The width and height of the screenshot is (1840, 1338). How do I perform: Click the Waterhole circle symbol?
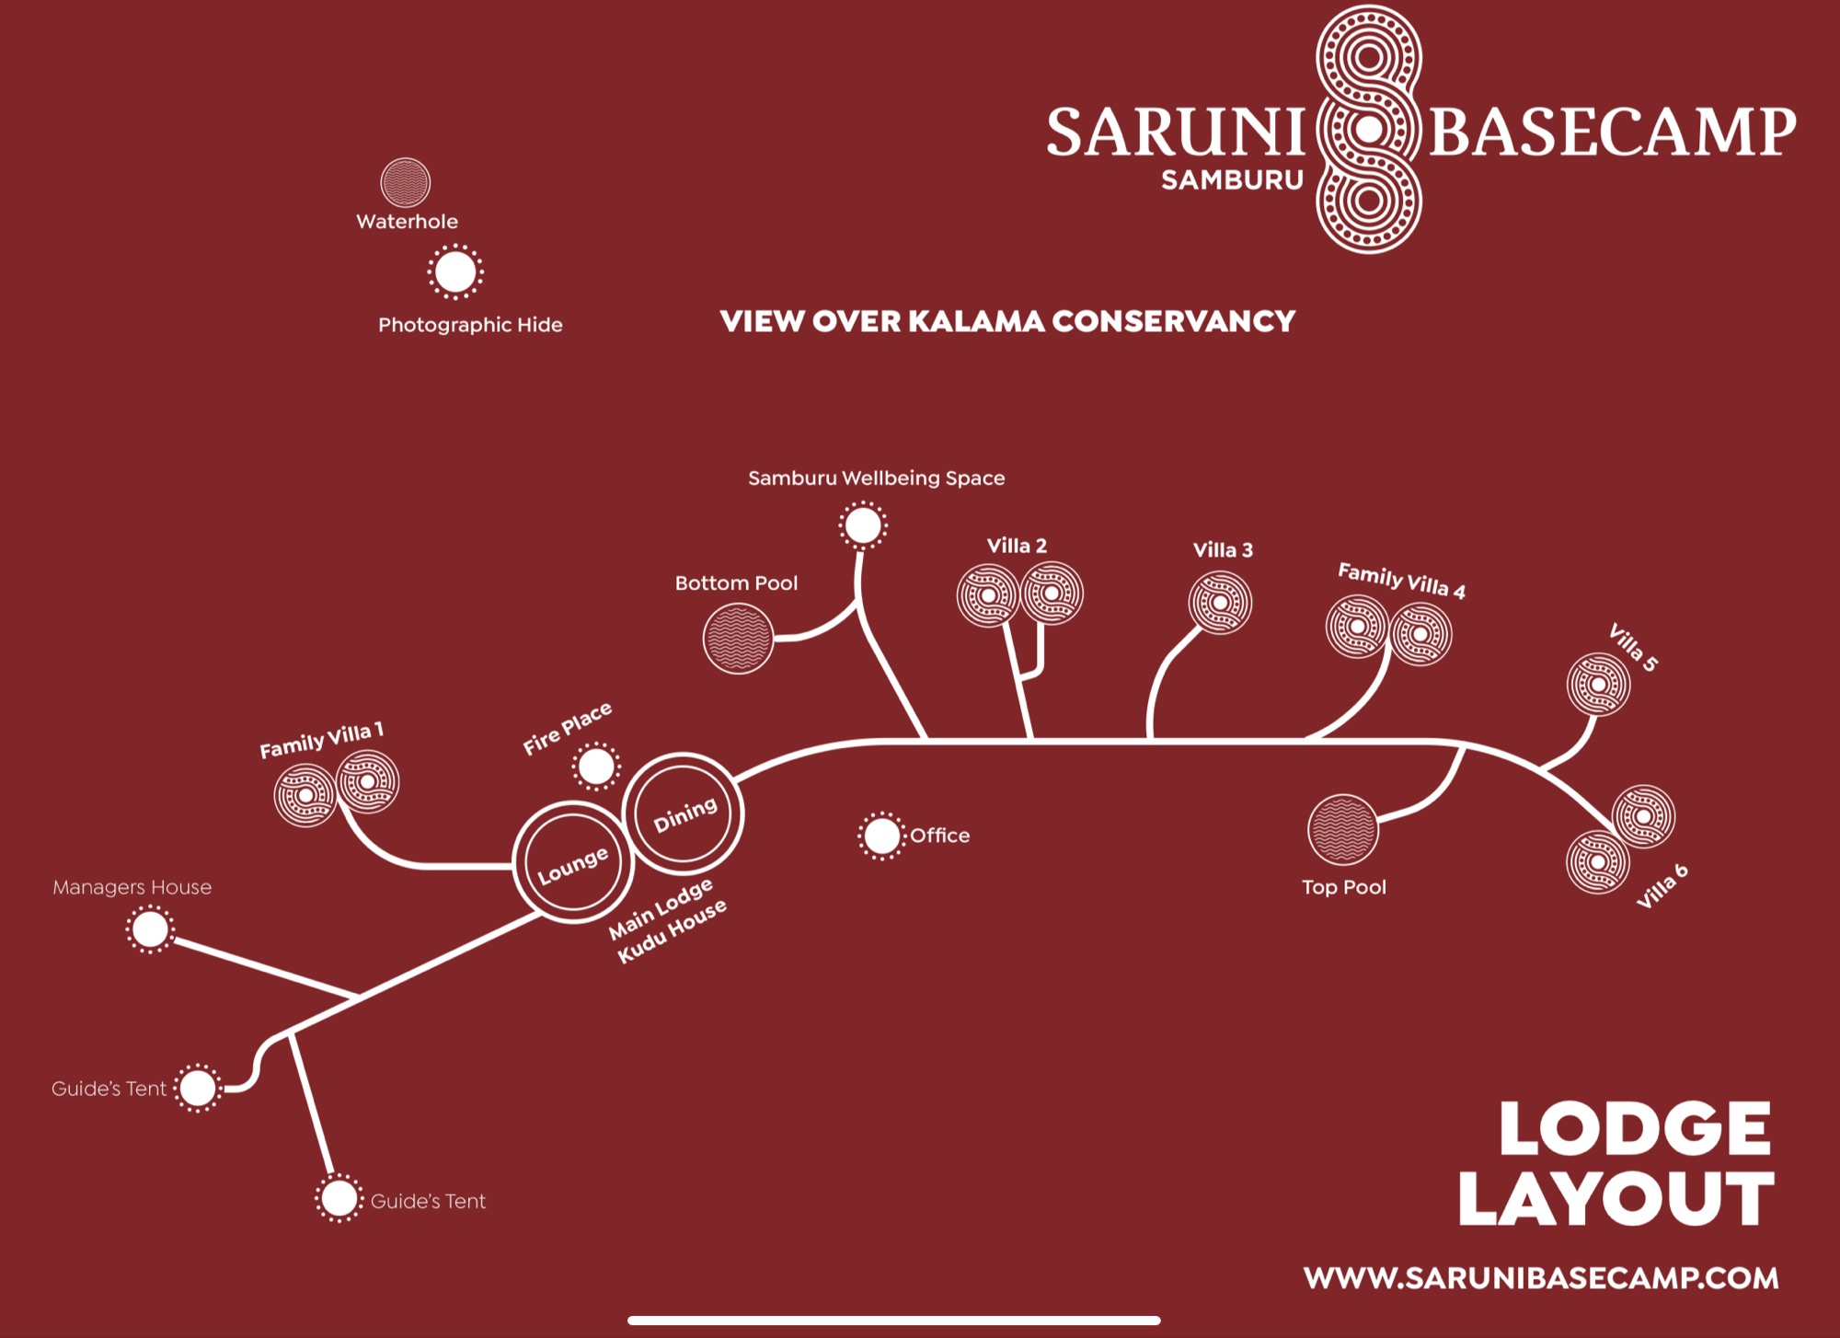click(405, 182)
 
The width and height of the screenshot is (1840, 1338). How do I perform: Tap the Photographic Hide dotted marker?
click(455, 272)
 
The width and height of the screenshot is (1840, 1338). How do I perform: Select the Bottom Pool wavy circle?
click(738, 639)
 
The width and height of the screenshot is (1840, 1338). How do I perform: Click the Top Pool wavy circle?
click(1343, 829)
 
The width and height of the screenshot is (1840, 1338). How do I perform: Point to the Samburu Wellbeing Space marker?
click(863, 525)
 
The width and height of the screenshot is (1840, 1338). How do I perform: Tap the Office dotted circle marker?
click(881, 836)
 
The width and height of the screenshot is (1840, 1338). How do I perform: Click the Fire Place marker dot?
click(596, 766)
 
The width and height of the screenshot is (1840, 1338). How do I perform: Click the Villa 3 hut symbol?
click(1220, 603)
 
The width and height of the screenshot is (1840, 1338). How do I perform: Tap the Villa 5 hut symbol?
click(1599, 685)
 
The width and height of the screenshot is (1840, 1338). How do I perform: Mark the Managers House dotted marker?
click(150, 929)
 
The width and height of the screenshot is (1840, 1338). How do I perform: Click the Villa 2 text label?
click(1017, 546)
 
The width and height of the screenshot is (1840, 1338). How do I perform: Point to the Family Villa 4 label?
click(1401, 581)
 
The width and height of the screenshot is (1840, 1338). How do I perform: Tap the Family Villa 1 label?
click(321, 741)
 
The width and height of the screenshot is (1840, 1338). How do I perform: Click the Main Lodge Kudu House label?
click(668, 920)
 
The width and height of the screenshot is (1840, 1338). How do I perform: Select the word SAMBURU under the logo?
click(1233, 180)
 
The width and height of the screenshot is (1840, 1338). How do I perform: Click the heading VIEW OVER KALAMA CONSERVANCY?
click(1007, 321)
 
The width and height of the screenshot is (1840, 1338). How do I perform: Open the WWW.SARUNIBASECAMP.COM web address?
click(1541, 1278)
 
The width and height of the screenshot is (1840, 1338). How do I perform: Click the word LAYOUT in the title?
click(1616, 1198)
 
